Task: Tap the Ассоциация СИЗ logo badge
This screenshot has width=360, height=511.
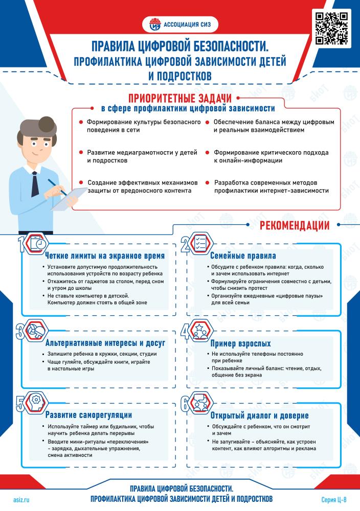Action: [179, 23]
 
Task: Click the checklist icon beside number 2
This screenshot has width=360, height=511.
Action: [198, 242]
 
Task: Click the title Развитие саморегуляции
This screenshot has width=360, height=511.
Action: [89, 414]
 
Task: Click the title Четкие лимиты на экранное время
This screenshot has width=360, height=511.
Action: [105, 255]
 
